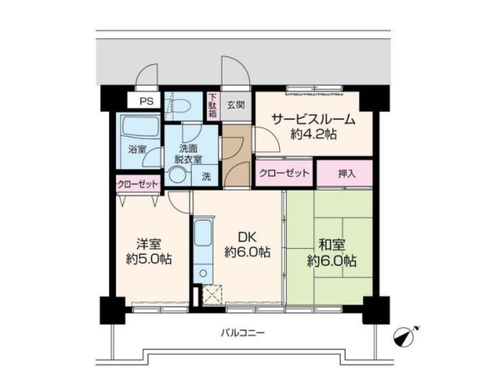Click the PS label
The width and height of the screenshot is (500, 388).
pyautogui.click(x=147, y=102)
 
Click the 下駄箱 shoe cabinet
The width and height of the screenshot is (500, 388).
pyautogui.click(x=212, y=106)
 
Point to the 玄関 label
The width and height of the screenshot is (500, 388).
pyautogui.click(x=236, y=105)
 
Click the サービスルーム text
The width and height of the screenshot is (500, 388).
pyautogui.click(x=313, y=119)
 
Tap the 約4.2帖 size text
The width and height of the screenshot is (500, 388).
pyautogui.click(x=313, y=134)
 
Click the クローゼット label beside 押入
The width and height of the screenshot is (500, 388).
pyautogui.click(x=284, y=173)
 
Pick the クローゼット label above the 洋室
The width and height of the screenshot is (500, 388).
pyautogui.click(x=137, y=184)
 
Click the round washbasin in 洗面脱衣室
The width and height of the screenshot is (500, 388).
pyautogui.click(x=177, y=176)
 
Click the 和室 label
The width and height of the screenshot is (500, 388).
pyautogui.click(x=332, y=245)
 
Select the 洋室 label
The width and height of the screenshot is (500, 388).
pyautogui.click(x=148, y=244)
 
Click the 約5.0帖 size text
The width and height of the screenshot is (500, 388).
pyautogui.click(x=148, y=259)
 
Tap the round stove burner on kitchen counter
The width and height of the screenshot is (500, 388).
pyautogui.click(x=202, y=273)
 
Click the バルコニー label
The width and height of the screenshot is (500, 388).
pyautogui.click(x=243, y=334)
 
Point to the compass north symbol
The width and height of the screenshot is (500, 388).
pyautogui.click(x=406, y=336)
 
